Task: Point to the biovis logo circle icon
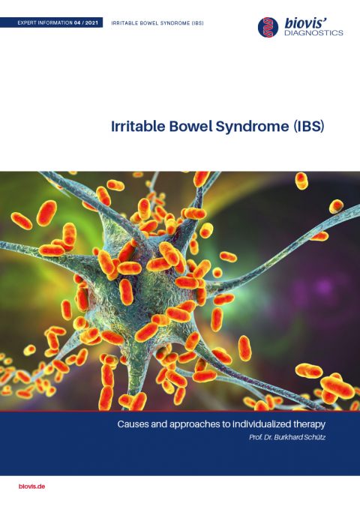268,27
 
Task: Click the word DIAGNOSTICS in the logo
313,33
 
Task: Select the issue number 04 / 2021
87,23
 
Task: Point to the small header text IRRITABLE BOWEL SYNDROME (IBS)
157,23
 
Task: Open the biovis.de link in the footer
32,486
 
